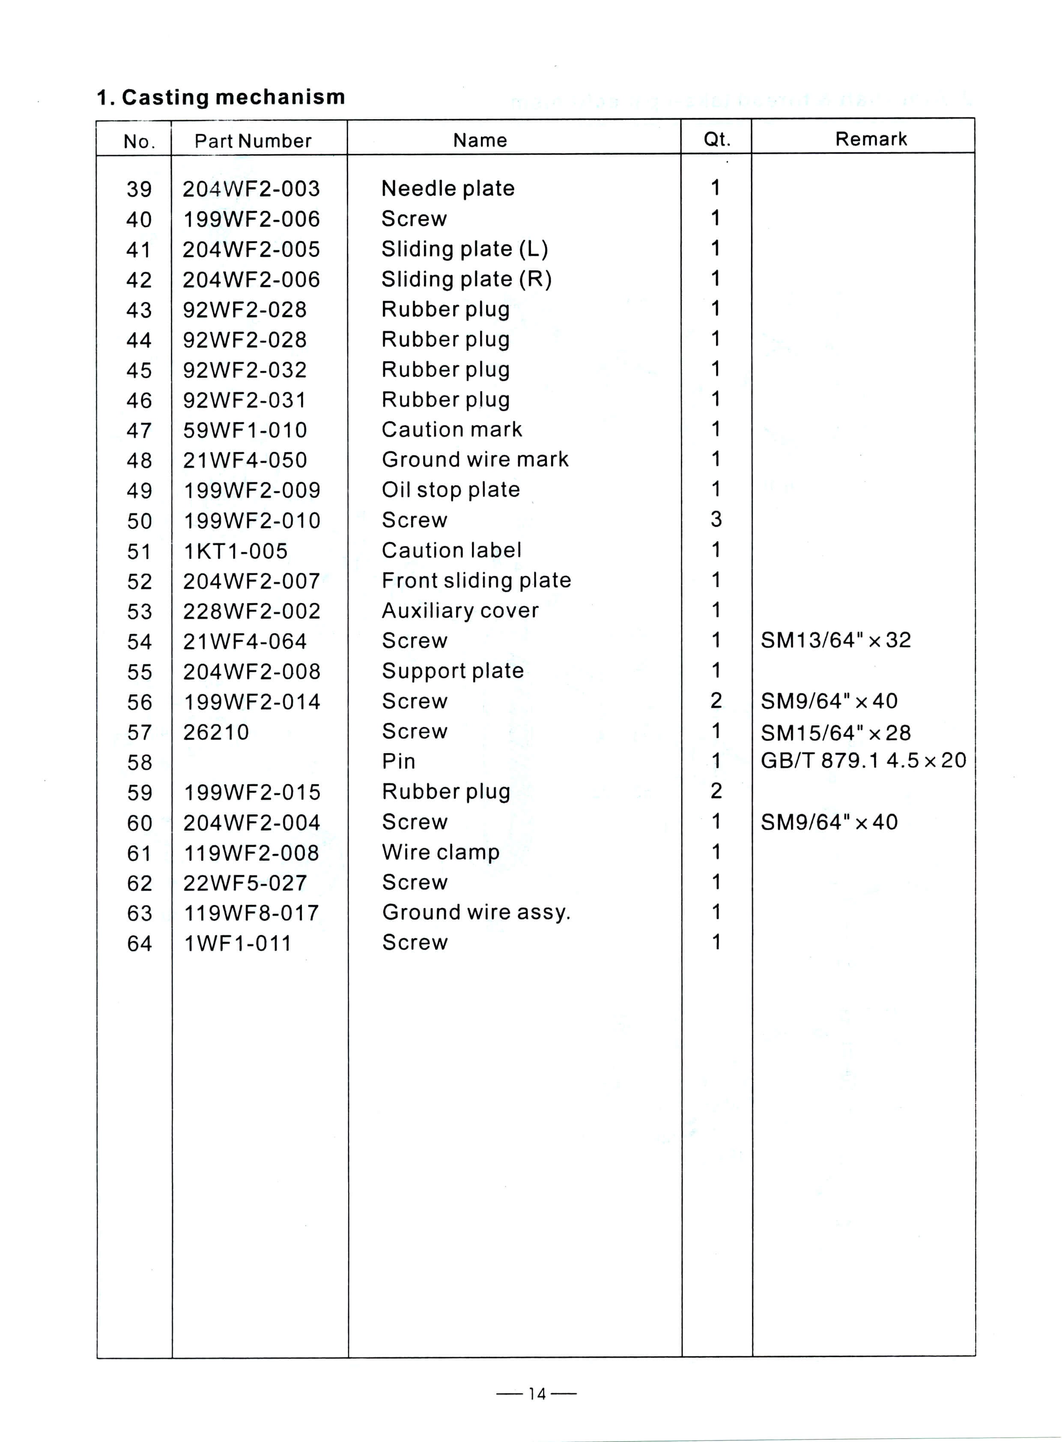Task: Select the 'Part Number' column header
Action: (253, 141)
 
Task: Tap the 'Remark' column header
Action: (871, 139)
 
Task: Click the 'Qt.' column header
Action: (716, 140)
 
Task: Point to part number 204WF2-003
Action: (251, 188)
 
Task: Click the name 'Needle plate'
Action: (447, 188)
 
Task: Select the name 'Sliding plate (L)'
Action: (464, 249)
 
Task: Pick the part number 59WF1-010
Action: (245, 430)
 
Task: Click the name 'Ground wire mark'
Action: (475, 459)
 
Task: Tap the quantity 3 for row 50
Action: (716, 519)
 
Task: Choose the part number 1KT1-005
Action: (235, 551)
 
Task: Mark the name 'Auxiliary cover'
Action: (459, 610)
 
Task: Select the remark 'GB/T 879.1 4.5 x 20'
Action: (863, 761)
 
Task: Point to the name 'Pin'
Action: (399, 762)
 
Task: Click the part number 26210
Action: (215, 732)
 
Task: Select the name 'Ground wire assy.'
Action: (476, 912)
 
